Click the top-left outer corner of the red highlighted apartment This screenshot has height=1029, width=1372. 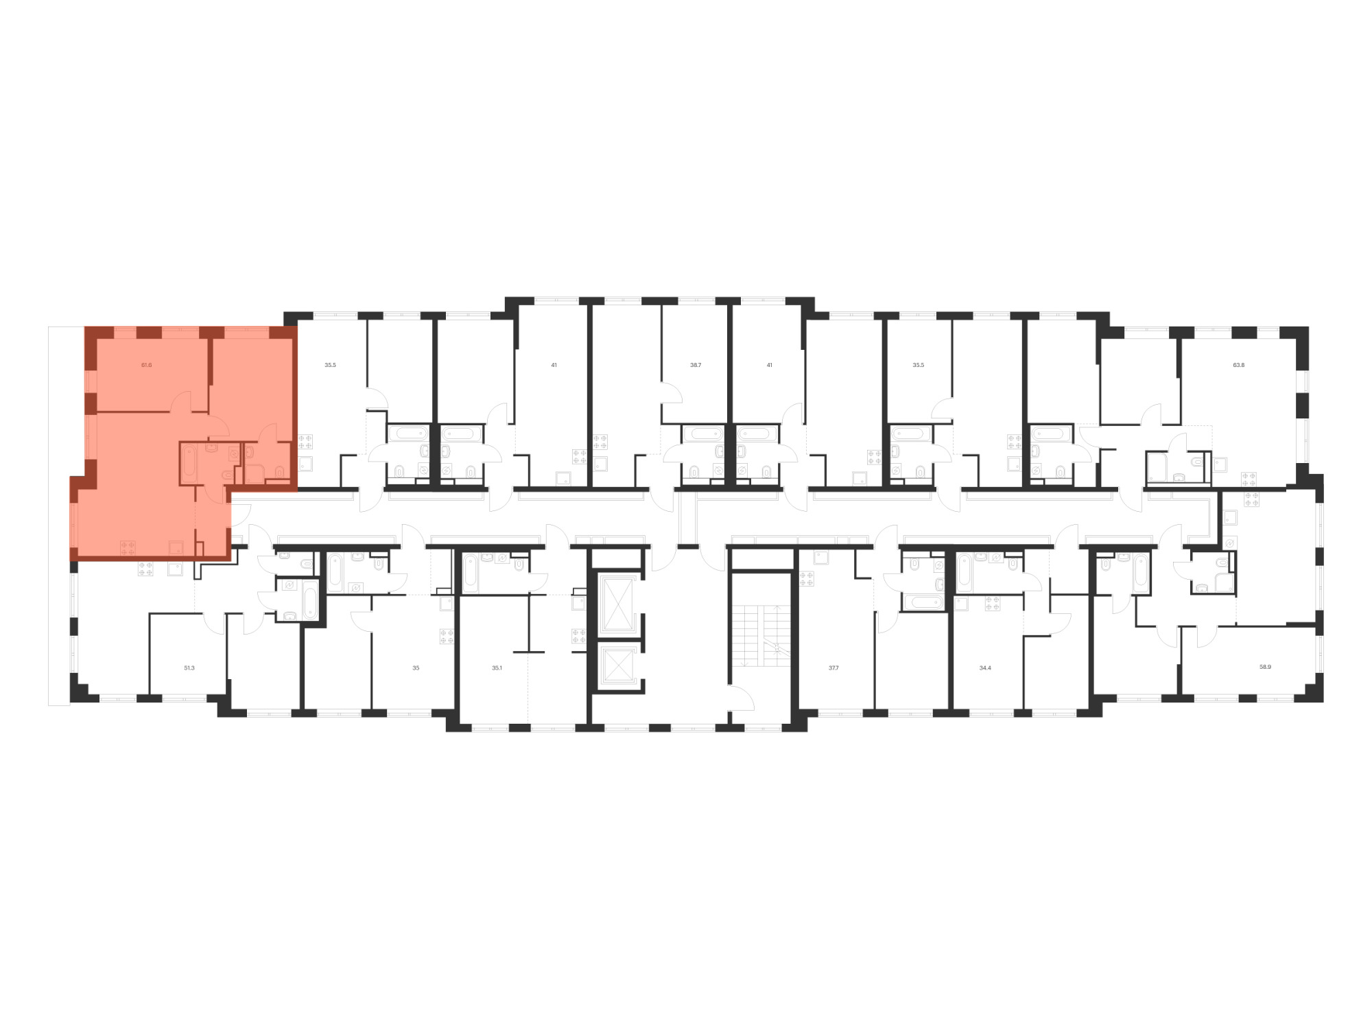(85, 327)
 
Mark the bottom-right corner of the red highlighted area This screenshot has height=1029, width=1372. (230, 561)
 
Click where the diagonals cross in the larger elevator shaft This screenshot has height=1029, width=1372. (617, 604)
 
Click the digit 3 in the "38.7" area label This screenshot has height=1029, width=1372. (691, 365)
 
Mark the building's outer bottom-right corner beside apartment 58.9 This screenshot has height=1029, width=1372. (1323, 702)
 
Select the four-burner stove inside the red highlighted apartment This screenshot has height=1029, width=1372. (128, 547)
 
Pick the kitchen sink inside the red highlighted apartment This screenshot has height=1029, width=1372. (176, 547)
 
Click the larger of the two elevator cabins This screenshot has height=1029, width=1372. (617, 604)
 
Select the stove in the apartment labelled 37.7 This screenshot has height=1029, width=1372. (806, 578)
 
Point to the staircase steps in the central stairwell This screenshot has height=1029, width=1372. (761, 635)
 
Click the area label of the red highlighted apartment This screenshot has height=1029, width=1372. (146, 365)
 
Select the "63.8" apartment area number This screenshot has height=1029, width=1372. (1238, 365)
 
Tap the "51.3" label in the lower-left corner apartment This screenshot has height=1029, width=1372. (189, 667)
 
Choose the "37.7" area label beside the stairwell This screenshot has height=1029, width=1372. (833, 667)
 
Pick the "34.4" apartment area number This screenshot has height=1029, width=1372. (985, 667)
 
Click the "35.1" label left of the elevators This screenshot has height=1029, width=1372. (497, 667)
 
